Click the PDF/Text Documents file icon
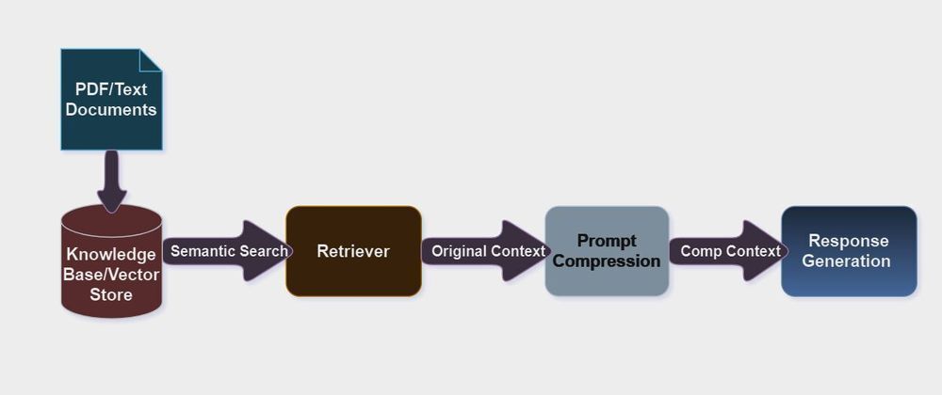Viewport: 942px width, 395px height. [111, 100]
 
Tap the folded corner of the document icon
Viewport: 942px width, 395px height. [152, 58]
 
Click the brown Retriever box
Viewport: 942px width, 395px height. [353, 251]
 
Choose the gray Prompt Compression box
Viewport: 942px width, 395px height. [607, 251]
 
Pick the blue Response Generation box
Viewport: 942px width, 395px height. [849, 251]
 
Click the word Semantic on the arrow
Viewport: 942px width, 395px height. [201, 251]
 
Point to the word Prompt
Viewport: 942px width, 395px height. [607, 241]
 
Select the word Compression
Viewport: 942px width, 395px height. [607, 261]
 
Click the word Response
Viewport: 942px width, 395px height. [849, 241]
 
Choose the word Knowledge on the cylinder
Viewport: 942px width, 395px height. [111, 255]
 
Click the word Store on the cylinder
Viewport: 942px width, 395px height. [111, 294]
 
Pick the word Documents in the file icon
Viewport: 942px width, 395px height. [111, 110]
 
